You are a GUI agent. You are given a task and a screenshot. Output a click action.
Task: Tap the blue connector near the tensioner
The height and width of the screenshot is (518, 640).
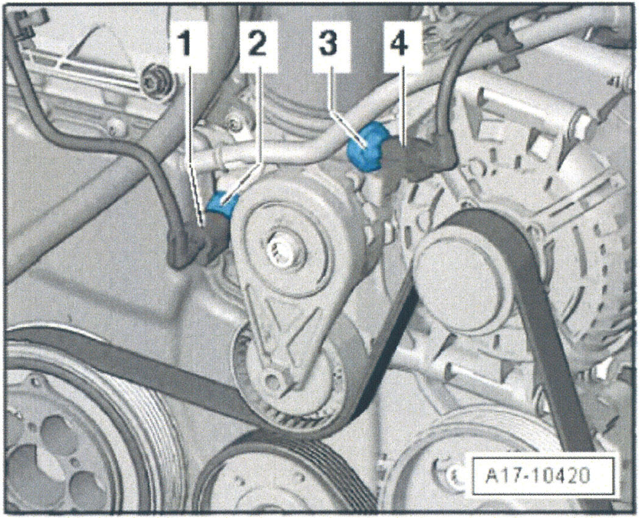(x=221, y=203)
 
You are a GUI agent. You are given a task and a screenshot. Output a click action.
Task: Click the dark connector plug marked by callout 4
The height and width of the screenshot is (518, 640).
(x=421, y=160)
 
